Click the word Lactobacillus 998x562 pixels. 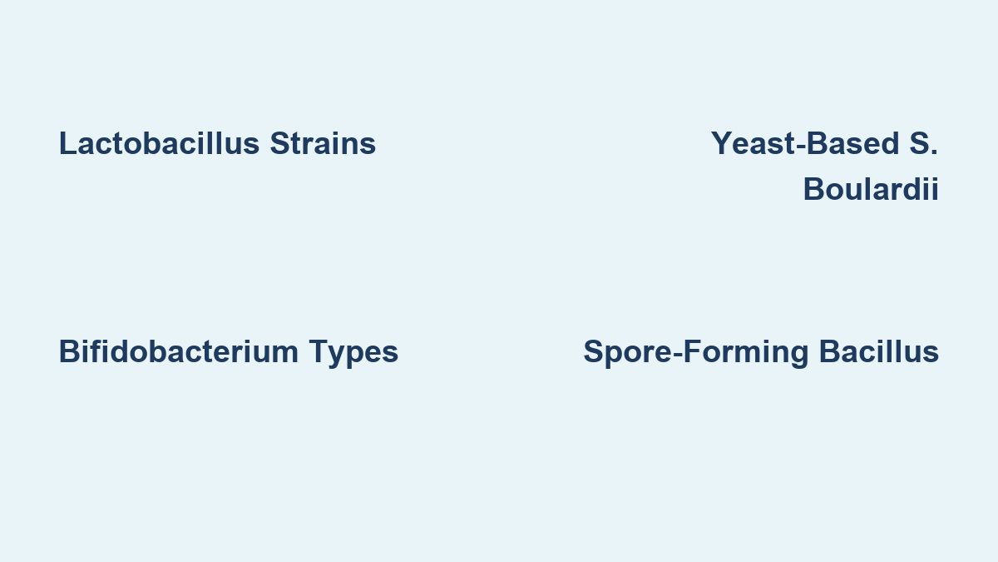159,143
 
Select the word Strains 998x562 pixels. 323,143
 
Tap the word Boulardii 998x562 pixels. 871,189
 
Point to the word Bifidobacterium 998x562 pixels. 179,351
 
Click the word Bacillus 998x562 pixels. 879,351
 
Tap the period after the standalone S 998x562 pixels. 935,152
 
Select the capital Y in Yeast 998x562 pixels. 721,143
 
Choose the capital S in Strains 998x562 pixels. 279,143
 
